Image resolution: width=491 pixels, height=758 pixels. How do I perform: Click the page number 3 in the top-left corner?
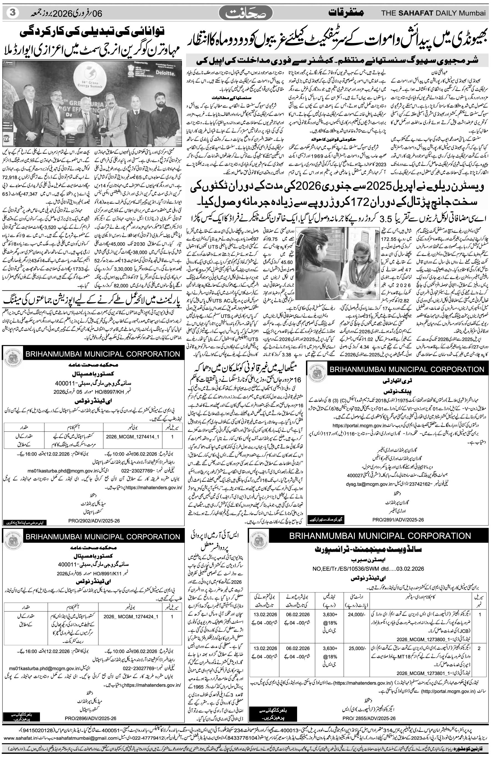tap(12, 13)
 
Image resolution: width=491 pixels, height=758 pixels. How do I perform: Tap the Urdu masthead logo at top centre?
tap(246, 14)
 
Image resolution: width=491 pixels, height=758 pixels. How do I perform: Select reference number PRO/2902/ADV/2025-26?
tap(94, 521)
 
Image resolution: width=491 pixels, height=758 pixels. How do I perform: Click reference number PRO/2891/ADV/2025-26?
tap(398, 519)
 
